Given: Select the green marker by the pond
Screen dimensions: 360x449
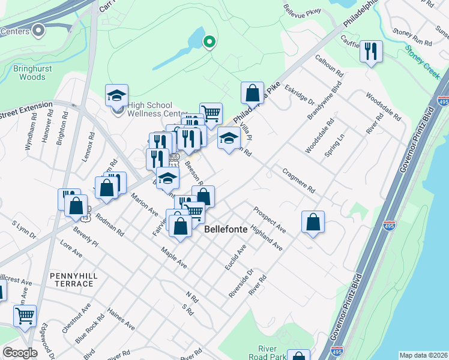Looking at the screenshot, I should pyautogui.click(x=209, y=41).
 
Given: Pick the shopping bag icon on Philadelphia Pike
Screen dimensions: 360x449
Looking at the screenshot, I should pyautogui.click(x=253, y=93).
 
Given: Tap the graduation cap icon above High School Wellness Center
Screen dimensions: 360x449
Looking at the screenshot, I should pyautogui.click(x=116, y=95).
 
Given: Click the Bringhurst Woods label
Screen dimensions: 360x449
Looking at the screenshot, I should pyautogui.click(x=29, y=73).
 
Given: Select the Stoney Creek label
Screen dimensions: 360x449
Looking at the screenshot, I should pyautogui.click(x=423, y=64).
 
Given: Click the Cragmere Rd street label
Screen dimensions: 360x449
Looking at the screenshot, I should pyautogui.click(x=298, y=180).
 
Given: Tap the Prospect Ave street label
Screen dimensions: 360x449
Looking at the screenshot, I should pyautogui.click(x=269, y=220).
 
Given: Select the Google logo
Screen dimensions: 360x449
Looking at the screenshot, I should pyautogui.click(x=20, y=353).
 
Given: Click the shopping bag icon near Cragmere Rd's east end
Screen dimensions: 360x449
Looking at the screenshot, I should pyautogui.click(x=313, y=222).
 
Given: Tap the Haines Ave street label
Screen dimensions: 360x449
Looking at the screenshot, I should pyautogui.click(x=121, y=319).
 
